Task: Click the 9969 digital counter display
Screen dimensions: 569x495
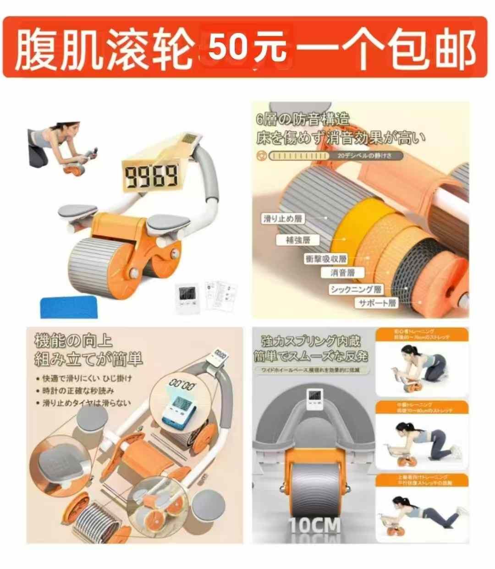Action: click(x=151, y=176)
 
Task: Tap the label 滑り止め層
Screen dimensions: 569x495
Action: click(x=283, y=219)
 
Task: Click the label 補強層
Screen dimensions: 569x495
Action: click(x=298, y=240)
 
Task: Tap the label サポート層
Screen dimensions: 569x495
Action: click(x=377, y=303)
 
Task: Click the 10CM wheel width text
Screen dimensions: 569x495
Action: click(x=314, y=525)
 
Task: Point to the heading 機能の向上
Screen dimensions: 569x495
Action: click(x=73, y=341)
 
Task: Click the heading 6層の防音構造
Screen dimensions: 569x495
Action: click(x=302, y=120)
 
